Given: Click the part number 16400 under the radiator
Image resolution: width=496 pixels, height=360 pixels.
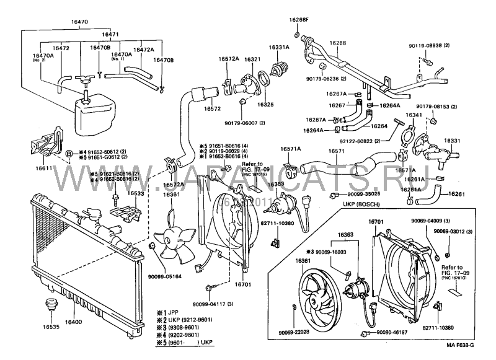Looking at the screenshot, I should (73, 323).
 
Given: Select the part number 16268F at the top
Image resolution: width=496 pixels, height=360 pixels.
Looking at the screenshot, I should (298, 20).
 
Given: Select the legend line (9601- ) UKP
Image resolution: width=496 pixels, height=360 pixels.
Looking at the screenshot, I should (186, 342).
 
